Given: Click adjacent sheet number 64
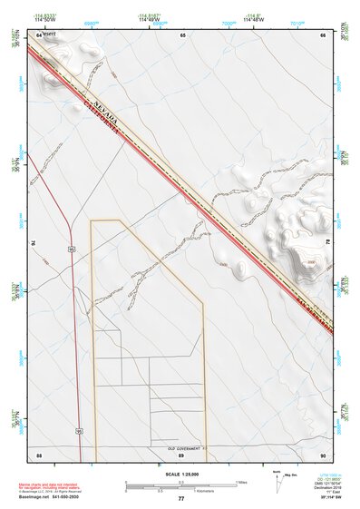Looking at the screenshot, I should point(39,34).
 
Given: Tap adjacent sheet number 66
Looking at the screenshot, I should point(322,34).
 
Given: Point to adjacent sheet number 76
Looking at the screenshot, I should point(36,243).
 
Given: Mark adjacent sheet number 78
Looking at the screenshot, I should point(326,243).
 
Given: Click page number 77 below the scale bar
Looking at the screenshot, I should point(180,498).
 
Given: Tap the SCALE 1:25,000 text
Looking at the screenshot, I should point(180,474).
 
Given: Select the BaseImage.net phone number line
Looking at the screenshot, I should point(51,498).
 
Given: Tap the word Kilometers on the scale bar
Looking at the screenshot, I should point(190,491).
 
